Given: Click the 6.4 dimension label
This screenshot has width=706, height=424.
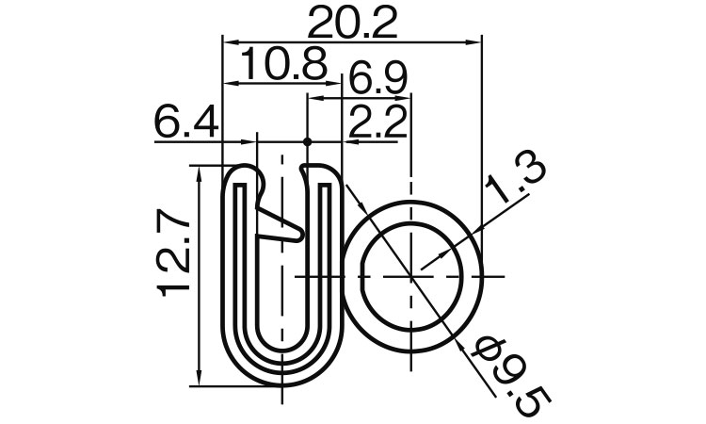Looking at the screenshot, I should coord(186,123).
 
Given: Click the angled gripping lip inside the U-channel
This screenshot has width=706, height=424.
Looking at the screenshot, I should coord(276,222).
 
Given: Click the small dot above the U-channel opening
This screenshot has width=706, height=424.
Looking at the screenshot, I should coord(308,143).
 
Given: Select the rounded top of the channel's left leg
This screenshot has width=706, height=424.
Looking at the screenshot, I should coord(242,172).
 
